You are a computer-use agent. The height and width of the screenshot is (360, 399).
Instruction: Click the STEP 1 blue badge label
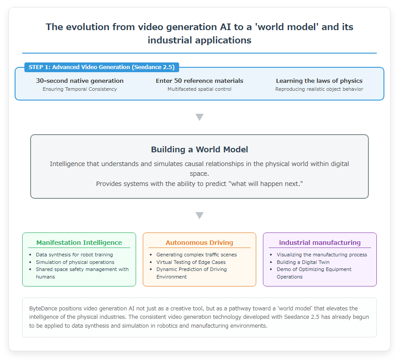(102, 67)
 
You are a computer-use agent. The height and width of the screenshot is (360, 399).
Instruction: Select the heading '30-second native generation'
(80, 81)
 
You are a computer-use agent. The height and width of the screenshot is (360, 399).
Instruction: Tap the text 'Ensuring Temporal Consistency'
(80, 89)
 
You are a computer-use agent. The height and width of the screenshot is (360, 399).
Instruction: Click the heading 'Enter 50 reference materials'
(199, 81)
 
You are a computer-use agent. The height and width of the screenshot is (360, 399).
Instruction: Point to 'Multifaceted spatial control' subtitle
(199, 89)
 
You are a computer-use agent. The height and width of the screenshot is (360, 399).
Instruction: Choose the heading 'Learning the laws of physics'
(319, 81)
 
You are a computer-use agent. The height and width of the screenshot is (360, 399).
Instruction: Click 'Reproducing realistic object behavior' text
(319, 89)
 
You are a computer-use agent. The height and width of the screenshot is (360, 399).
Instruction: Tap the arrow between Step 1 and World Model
(199, 117)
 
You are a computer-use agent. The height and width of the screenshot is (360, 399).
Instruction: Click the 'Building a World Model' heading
(199, 150)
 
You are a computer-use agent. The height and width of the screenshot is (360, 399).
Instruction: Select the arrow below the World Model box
(199, 216)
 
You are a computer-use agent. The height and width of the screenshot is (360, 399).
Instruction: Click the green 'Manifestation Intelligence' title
(79, 243)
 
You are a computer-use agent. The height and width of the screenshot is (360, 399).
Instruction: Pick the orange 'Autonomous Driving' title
(199, 243)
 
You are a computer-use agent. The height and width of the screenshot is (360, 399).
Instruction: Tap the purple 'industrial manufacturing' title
(320, 243)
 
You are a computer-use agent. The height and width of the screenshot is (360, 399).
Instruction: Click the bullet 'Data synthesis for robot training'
(74, 255)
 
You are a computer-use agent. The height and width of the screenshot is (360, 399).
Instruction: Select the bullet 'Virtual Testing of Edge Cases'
(191, 262)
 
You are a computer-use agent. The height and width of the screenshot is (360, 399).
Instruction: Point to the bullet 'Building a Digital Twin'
(303, 262)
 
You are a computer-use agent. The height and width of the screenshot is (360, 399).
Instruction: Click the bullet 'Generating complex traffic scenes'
(196, 255)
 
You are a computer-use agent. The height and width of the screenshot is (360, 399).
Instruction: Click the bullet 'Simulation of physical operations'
(75, 262)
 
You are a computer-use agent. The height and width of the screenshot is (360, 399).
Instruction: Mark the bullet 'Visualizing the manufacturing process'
(322, 255)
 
